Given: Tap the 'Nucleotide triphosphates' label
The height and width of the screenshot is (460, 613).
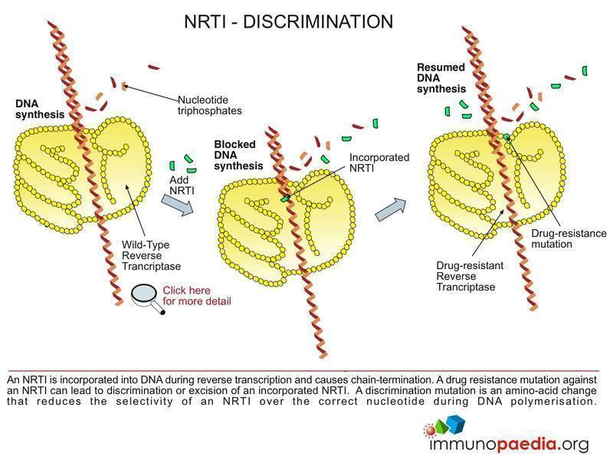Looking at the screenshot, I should pos(210,105).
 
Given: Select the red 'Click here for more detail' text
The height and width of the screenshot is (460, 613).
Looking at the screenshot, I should pos(196,296).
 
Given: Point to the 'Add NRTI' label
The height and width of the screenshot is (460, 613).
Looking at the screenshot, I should pos(179,184).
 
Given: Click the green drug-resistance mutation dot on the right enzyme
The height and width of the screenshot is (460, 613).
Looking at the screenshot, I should pos(506,138).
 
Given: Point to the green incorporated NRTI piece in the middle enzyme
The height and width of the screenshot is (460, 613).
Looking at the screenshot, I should pos(286,198).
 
